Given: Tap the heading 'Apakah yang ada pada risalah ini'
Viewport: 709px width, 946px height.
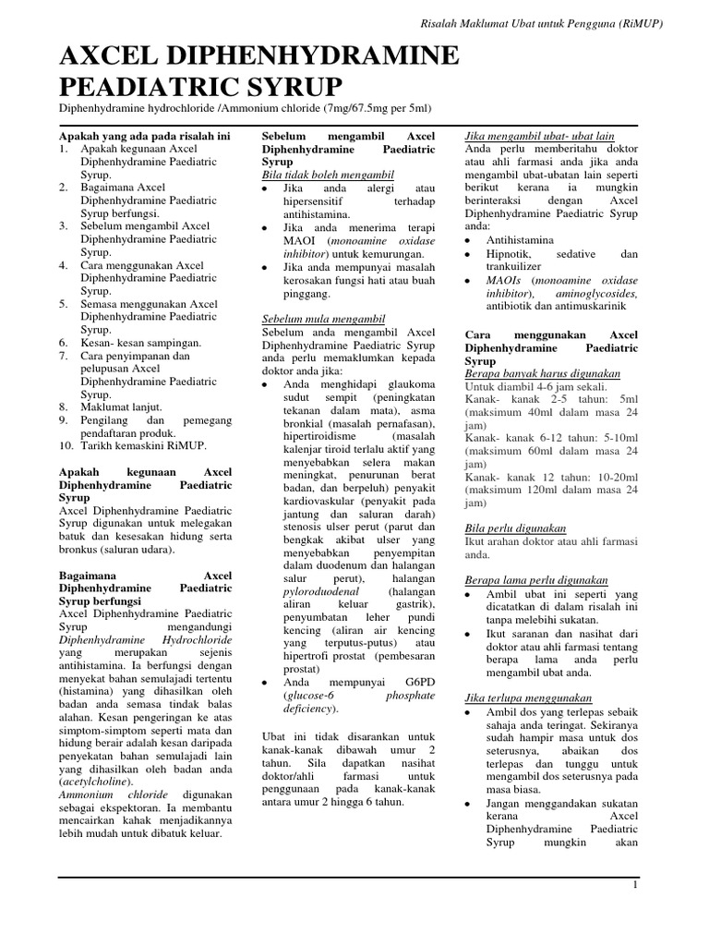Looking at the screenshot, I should [143, 136].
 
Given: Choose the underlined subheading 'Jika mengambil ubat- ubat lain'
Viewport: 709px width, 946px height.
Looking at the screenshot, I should [540, 136].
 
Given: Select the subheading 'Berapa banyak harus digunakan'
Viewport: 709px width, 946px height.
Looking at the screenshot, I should [542, 373].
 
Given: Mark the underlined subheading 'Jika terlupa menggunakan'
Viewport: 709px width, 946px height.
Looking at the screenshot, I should [528, 697].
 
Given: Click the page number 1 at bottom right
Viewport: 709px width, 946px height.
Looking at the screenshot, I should [635, 886].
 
